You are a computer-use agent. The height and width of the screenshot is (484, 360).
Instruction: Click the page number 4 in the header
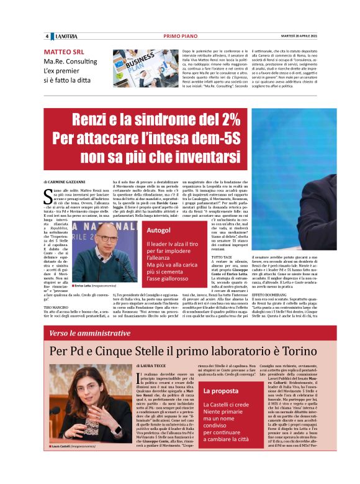[x=47, y=35]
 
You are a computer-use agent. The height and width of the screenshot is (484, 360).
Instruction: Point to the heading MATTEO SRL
[x=65, y=53]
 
